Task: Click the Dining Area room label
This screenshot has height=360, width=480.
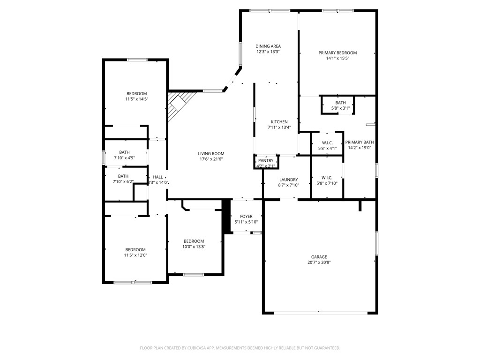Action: [268, 46]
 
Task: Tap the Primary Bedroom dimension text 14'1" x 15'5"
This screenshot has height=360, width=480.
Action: [337, 59]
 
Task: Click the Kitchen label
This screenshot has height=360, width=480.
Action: [279, 122]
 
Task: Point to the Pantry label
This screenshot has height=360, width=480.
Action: [265, 160]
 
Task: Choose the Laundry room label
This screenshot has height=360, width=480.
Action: [288, 180]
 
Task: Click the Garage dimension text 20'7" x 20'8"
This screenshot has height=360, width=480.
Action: [319, 262]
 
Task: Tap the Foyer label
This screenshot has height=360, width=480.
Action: [246, 217]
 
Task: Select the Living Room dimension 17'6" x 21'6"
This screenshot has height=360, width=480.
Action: [211, 159]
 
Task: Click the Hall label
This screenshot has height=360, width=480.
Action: [158, 177]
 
